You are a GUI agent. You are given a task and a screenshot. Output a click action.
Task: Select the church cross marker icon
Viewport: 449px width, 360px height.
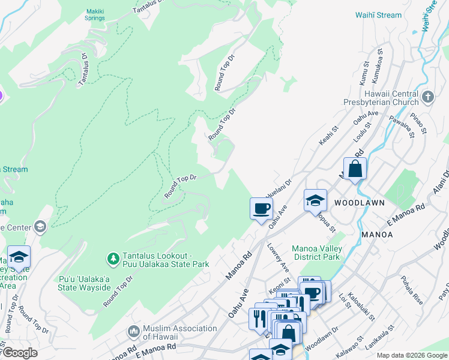(427, 97)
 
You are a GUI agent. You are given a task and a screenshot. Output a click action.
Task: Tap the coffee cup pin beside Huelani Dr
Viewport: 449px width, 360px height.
(261, 209)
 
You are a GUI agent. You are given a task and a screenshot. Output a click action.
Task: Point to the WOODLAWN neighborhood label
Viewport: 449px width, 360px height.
(359, 203)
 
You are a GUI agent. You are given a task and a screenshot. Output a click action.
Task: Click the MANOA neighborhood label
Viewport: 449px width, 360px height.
(377, 235)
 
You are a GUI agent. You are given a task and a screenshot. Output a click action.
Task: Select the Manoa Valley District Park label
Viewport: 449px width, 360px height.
(316, 253)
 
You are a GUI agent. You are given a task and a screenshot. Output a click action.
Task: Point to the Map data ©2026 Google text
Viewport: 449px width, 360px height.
(411, 355)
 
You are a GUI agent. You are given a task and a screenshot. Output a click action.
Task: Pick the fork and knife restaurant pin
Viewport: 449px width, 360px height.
(259, 317)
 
